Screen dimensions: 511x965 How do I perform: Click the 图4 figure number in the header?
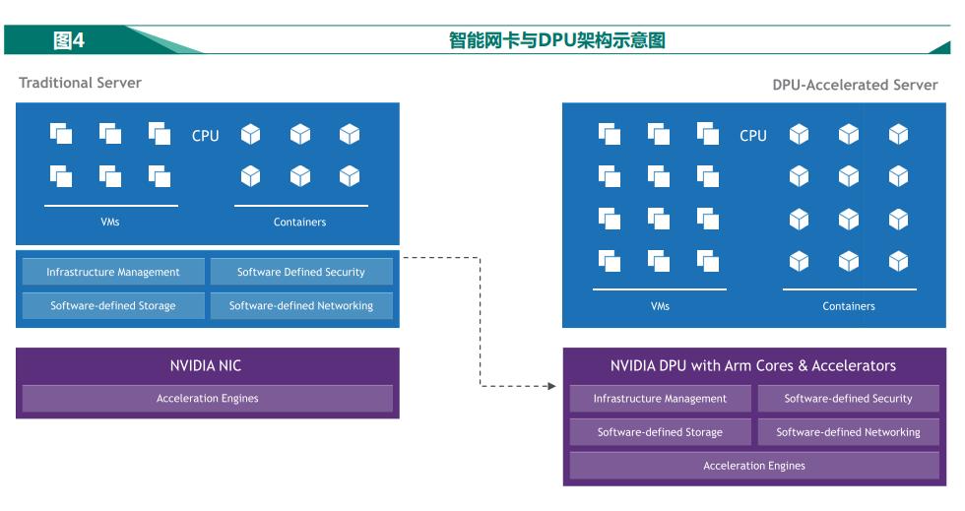[69, 40]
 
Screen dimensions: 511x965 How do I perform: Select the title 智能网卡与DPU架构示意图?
[557, 40]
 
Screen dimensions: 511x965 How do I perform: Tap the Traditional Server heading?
[81, 83]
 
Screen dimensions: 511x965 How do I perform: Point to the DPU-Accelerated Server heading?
[855, 85]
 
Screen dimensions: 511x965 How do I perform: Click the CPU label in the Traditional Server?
[206, 136]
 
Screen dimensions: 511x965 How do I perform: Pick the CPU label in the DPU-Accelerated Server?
[753, 136]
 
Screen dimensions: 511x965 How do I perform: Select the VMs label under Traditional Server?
[110, 223]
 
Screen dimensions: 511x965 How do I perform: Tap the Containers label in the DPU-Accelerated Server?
[849, 306]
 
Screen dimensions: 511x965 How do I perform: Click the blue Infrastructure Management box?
[113, 272]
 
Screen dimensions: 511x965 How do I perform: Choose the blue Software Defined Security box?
[301, 272]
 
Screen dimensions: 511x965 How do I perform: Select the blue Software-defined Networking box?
[301, 306]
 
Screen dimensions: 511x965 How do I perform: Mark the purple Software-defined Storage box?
[660, 432]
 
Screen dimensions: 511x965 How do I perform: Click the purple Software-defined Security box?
[848, 399]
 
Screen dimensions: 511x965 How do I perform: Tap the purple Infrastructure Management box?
[660, 399]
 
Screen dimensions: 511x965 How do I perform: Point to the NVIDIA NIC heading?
[206, 365]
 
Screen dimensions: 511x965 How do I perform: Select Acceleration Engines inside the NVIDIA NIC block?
[208, 399]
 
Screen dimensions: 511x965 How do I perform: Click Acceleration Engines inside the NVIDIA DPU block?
[754, 466]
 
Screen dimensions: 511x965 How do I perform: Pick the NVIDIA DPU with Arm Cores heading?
[753, 365]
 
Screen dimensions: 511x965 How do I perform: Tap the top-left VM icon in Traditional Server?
[61, 134]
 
